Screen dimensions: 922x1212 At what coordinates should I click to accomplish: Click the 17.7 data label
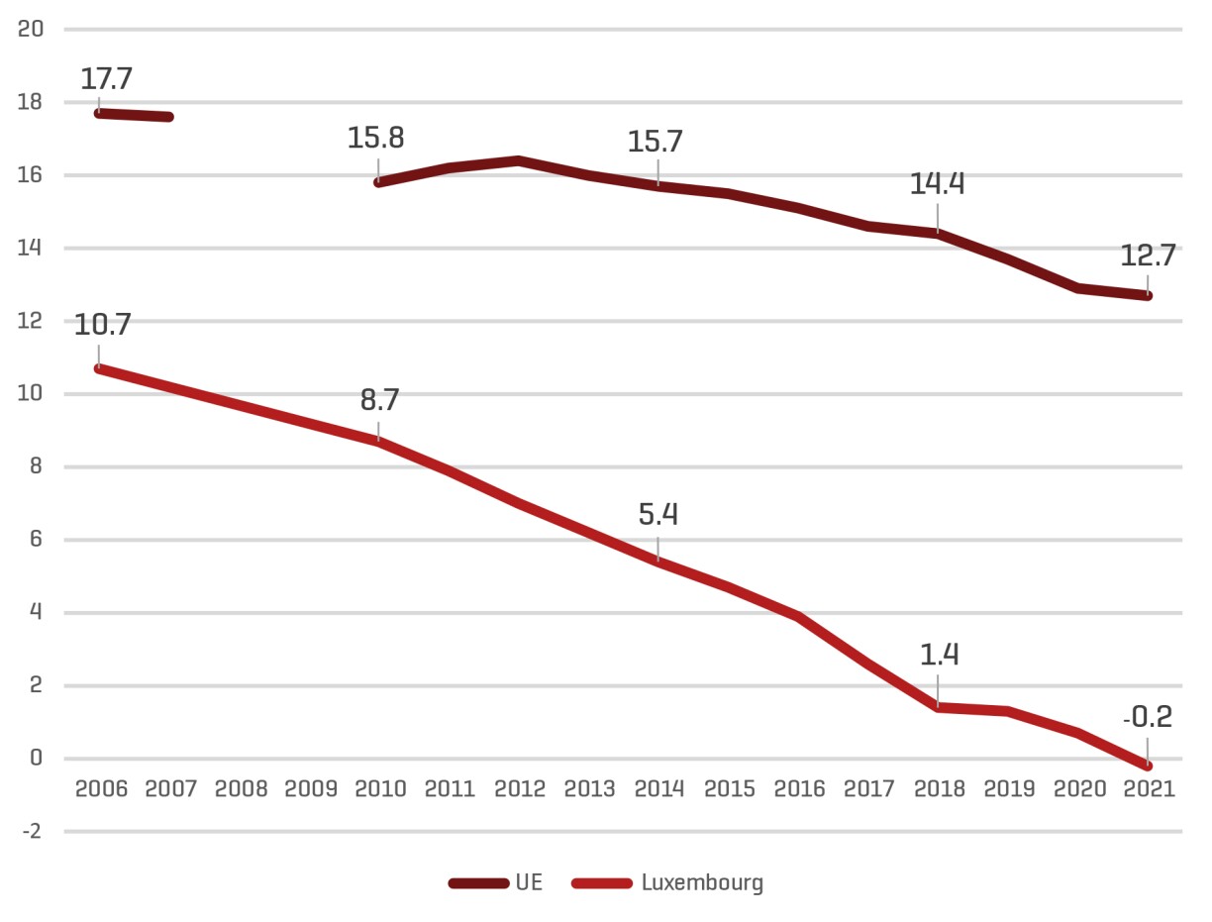100,79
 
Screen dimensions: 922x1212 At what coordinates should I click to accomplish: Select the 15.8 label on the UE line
375,138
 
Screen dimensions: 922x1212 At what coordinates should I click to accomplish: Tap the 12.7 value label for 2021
1149,256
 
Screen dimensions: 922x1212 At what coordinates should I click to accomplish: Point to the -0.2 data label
1148,717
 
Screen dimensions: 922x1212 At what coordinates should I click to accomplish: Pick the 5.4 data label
657,515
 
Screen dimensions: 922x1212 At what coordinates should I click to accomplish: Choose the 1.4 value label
938,656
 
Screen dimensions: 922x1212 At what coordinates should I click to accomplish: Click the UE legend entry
495,882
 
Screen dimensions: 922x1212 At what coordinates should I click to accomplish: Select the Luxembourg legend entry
667,882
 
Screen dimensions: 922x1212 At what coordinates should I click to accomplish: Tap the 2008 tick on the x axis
241,789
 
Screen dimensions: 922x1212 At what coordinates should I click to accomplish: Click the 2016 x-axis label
799,789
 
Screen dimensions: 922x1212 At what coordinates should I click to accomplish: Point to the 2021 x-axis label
1149,789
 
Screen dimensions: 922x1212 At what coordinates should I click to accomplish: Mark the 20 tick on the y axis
32,29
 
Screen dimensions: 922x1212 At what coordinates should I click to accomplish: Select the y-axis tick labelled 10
32,394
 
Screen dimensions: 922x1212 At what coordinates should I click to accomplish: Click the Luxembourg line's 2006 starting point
99,368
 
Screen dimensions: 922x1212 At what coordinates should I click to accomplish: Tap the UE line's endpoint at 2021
1149,295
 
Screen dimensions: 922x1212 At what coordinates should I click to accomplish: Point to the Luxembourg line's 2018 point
938,707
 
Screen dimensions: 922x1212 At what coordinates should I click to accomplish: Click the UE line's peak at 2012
519,160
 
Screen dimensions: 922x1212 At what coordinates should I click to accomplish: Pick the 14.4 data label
938,184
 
